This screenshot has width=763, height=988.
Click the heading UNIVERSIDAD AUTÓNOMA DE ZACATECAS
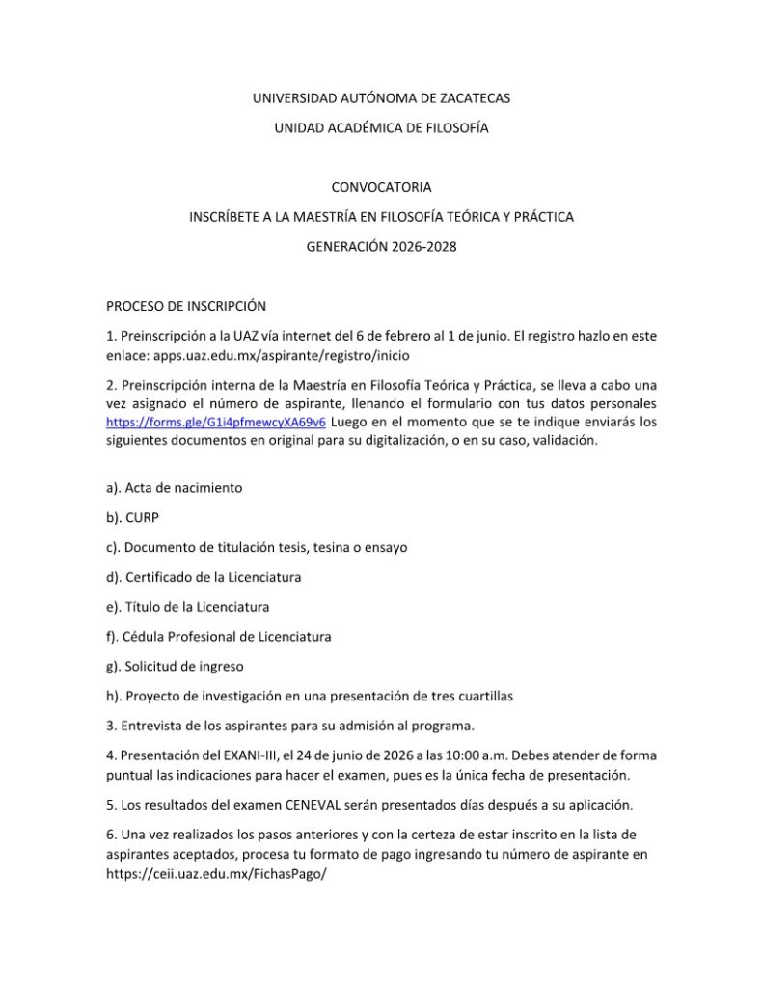point(381,98)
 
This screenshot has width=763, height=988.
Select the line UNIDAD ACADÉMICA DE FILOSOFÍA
point(381,128)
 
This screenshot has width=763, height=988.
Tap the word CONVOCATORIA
point(381,187)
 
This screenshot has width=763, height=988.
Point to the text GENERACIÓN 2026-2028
point(381,246)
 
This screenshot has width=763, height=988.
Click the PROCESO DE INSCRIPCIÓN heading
point(185,306)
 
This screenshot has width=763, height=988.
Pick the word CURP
point(141,517)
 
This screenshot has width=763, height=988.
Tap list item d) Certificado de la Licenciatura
point(204,577)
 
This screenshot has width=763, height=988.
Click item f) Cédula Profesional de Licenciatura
point(218,637)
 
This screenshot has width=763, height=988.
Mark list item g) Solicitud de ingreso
point(175,667)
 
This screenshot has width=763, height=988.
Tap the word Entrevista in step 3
point(151,726)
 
